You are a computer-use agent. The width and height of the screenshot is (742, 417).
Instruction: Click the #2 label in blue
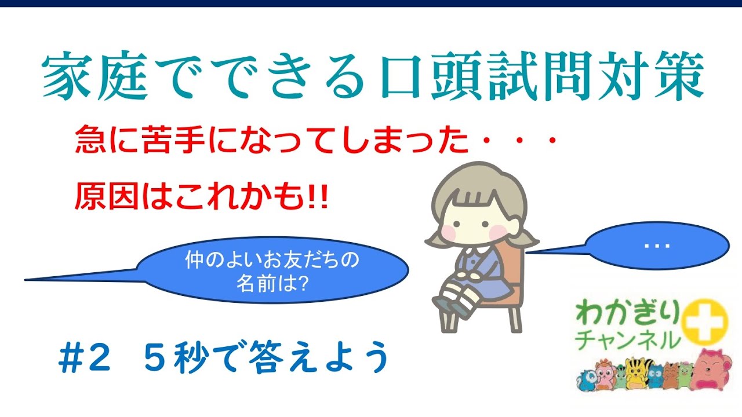pos(83,360)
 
